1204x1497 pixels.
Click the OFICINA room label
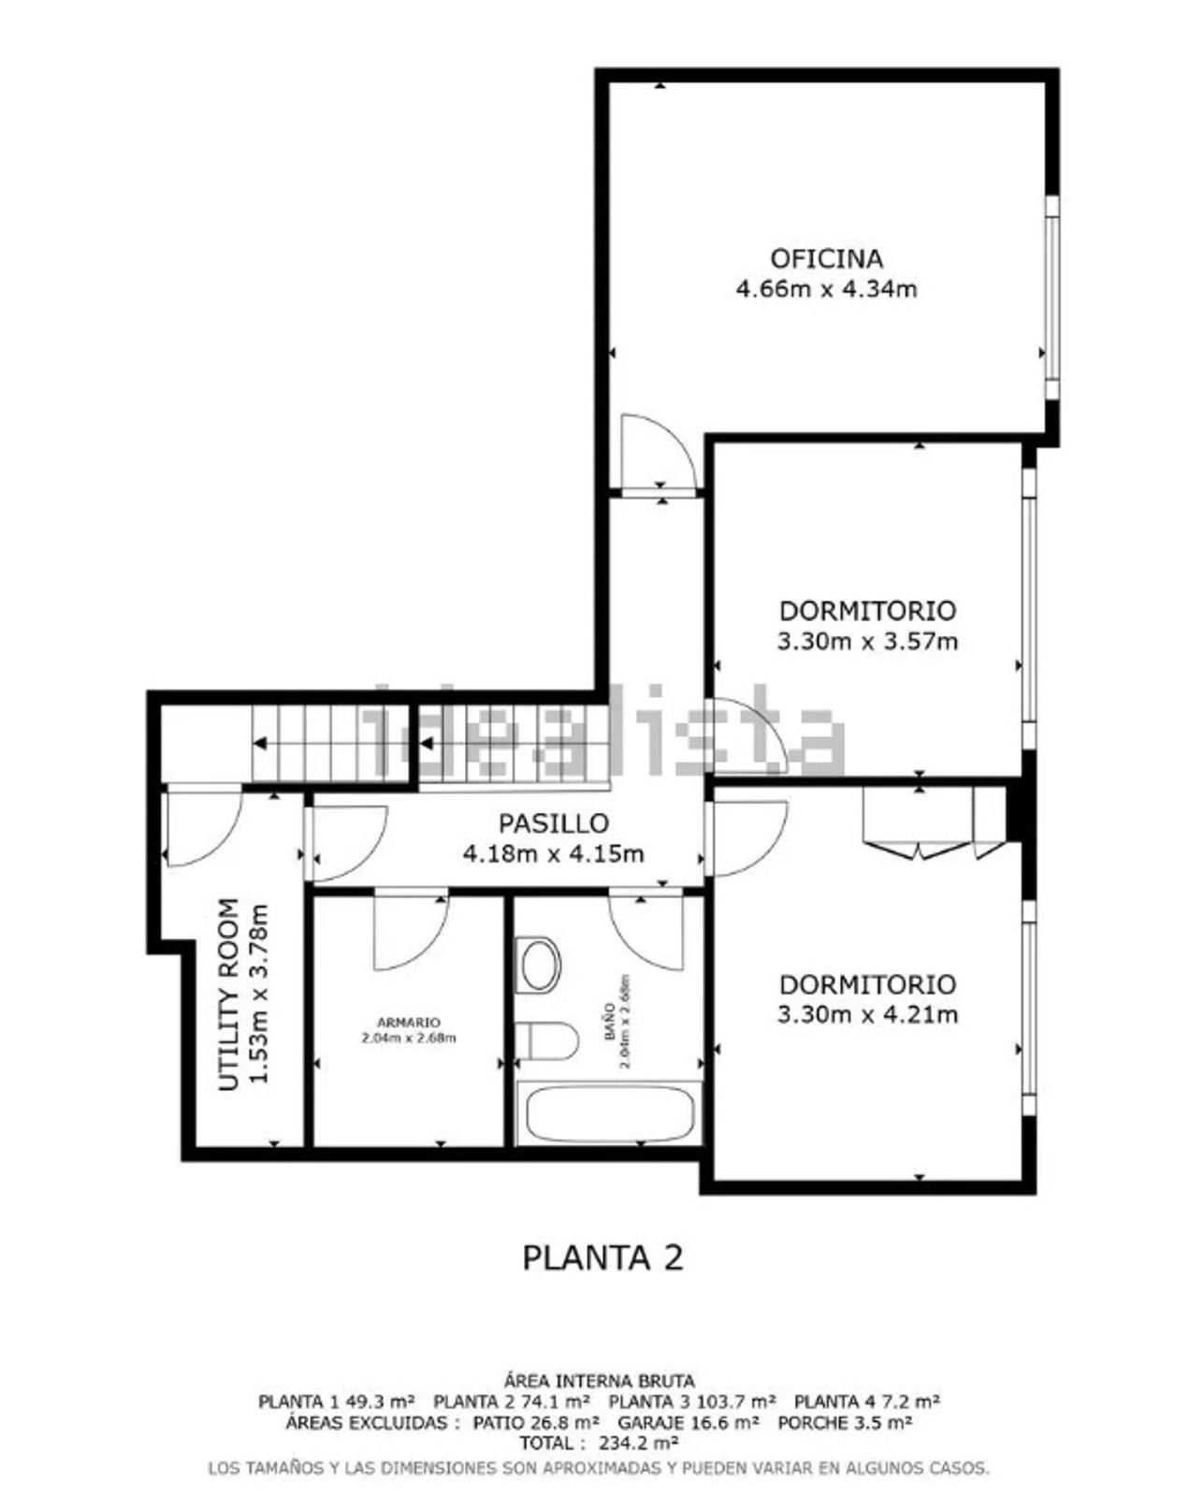(x=826, y=259)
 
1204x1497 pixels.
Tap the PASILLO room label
(x=554, y=823)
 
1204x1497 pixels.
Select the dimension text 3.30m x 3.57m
(x=867, y=642)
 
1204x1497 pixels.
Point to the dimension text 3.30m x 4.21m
(x=867, y=1015)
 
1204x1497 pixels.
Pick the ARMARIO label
(x=408, y=1023)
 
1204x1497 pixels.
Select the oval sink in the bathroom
(x=540, y=965)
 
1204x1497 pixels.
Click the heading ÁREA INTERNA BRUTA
(x=599, y=1381)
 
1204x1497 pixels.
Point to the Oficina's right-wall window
(x=1052, y=297)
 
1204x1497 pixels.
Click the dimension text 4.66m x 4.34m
(x=826, y=288)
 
